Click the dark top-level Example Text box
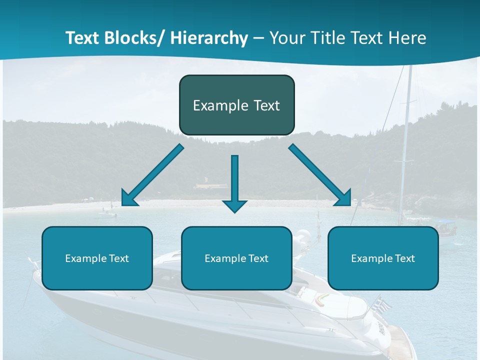point(236,105)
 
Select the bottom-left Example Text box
point(97,258)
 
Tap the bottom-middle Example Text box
point(236,258)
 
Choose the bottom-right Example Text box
point(383,258)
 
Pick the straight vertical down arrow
point(234,183)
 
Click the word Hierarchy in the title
point(209,38)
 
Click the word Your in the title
point(287,38)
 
